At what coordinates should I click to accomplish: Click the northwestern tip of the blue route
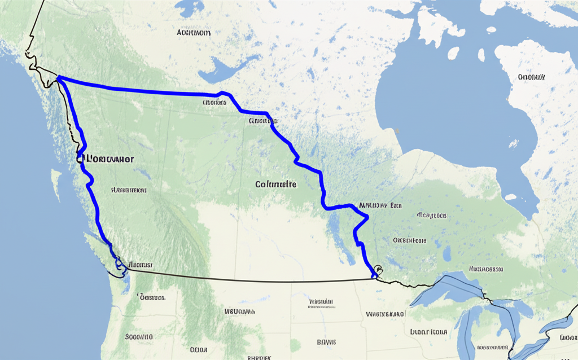click(x=58, y=78)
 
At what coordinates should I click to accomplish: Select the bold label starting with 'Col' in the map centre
click(x=275, y=184)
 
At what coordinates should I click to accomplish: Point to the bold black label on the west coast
click(x=107, y=159)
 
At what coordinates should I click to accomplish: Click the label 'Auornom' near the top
click(x=194, y=33)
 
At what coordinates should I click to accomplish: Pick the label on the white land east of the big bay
click(x=532, y=77)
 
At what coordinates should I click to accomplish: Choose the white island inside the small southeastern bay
click(x=511, y=197)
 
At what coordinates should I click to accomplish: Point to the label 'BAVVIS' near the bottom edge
click(x=326, y=342)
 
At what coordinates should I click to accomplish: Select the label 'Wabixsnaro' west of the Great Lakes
click(x=386, y=314)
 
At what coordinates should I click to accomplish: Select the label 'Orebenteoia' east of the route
click(x=409, y=240)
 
